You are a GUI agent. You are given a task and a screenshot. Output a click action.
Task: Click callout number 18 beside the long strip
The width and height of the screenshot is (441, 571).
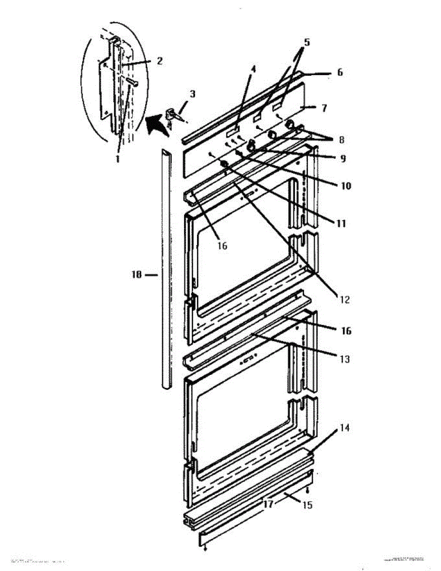(x=137, y=275)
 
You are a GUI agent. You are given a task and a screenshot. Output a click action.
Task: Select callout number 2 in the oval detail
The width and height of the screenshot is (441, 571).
(x=159, y=60)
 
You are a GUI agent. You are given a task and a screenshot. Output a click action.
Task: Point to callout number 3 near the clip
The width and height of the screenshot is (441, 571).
(x=192, y=94)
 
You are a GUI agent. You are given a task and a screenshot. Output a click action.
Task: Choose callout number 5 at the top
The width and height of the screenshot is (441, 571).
(x=307, y=42)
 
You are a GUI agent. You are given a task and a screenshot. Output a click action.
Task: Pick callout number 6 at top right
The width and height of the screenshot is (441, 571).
(x=340, y=73)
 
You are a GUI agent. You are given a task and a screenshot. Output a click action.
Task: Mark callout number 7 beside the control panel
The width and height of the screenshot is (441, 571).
(x=323, y=108)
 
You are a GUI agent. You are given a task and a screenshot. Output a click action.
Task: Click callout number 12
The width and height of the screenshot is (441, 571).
(x=345, y=300)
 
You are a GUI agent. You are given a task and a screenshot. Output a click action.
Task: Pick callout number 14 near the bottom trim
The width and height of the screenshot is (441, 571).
(x=307, y=505)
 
